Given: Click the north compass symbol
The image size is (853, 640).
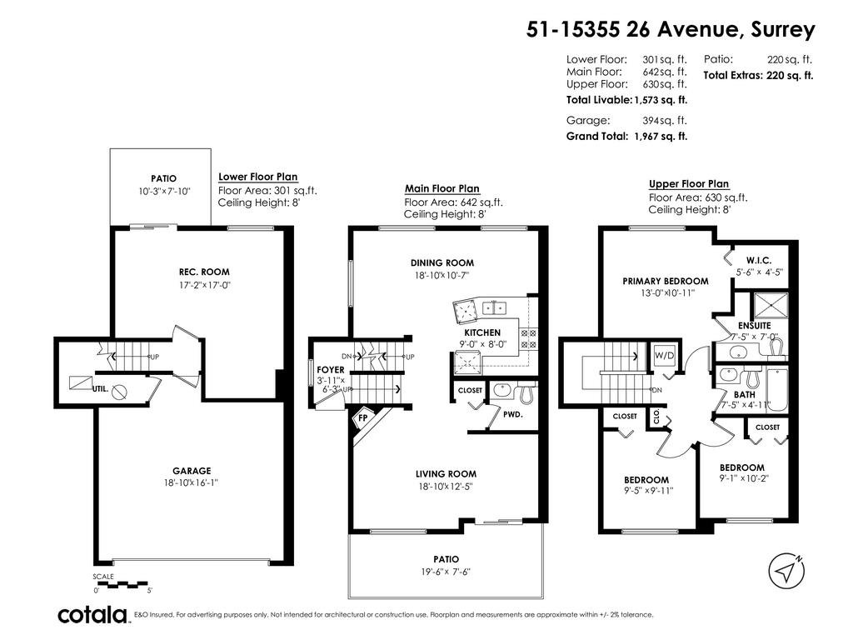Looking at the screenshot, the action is tap(786, 570).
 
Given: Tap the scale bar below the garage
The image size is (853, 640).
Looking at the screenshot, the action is tap(122, 584).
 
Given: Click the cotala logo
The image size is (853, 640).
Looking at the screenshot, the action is tap(92, 615).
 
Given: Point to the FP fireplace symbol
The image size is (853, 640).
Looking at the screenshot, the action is tap(362, 418).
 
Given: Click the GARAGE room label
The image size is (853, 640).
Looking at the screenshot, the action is tap(192, 471).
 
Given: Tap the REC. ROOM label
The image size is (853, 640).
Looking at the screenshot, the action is tap(204, 272).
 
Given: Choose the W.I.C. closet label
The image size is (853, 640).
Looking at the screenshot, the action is tap(758, 261).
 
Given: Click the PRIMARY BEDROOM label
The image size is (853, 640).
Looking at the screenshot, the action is tap(666, 281).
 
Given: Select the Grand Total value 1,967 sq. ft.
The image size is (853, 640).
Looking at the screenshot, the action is tap(661, 136).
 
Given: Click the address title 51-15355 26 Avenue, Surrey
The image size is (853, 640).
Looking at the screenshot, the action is tap(671, 29).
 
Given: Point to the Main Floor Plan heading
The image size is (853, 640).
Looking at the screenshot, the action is tap(441, 188).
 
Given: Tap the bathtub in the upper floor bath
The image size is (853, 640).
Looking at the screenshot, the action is tap(776, 390).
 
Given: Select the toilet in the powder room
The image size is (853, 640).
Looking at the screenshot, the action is tap(526, 393).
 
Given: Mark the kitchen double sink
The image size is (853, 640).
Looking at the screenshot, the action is tap(495, 308).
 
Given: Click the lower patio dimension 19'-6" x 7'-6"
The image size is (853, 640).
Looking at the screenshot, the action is tap(446, 572).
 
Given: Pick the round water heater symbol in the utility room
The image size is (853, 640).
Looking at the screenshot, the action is tap(120, 392).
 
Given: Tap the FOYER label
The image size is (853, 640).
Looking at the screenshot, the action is tap(330, 369).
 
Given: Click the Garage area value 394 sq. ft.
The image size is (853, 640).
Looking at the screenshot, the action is tap(665, 120).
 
